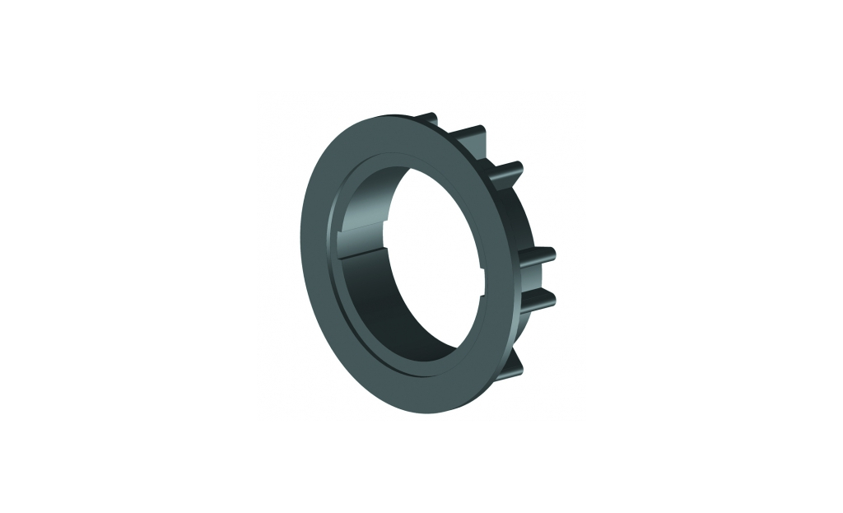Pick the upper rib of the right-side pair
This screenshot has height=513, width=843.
coord(539,253)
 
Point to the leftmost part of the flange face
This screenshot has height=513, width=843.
coord(311,247)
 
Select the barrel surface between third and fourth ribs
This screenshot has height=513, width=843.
coord(519,214)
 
